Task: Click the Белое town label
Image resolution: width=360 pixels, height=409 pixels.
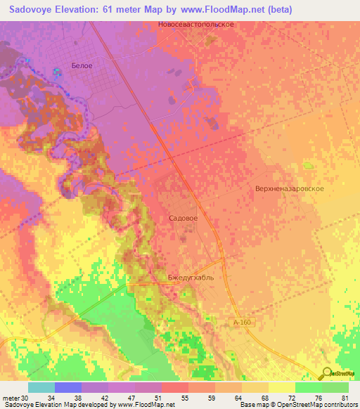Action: [82, 65]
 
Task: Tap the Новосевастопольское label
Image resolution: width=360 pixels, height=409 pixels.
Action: [196, 24]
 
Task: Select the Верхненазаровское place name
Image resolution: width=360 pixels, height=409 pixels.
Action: [289, 190]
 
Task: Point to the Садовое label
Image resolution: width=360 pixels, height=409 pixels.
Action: [184, 219]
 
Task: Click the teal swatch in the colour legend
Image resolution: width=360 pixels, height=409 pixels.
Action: [41, 387]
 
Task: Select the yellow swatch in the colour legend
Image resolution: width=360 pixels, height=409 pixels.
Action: [281, 387]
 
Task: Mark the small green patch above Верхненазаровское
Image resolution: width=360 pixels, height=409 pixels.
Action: [307, 166]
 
